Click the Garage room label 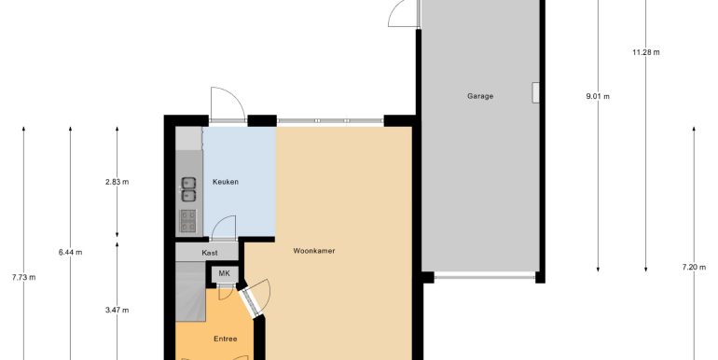pyautogui.click(x=480, y=96)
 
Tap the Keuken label pyautogui.click(x=226, y=182)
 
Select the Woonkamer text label pyautogui.click(x=314, y=251)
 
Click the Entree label pyautogui.click(x=226, y=339)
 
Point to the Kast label pyautogui.click(x=210, y=253)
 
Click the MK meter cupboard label pyautogui.click(x=224, y=273)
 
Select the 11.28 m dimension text pyautogui.click(x=646, y=52)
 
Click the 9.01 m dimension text pyautogui.click(x=598, y=97)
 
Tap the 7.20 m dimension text pyautogui.click(x=694, y=268)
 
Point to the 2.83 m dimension pyautogui.click(x=117, y=182)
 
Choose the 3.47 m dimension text pyautogui.click(x=117, y=310)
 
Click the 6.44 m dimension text pyautogui.click(x=71, y=252)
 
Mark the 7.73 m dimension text pyautogui.click(x=24, y=277)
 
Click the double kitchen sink pyautogui.click(x=188, y=189)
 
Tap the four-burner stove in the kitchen pyautogui.click(x=188, y=221)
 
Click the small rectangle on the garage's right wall pyautogui.click(x=535, y=92)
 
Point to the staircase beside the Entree pyautogui.click(x=190, y=291)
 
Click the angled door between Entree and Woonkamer pyautogui.click(x=250, y=302)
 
